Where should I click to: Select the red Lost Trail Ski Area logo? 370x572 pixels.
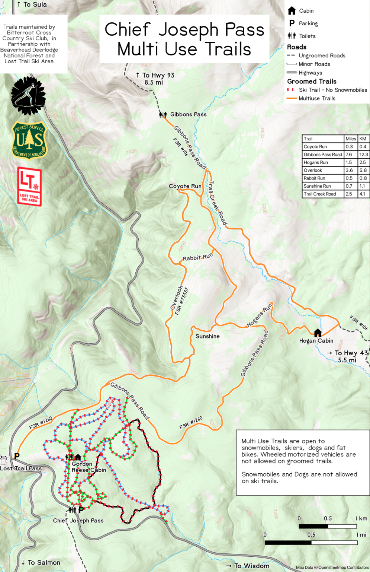29,186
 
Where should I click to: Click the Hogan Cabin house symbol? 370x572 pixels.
318,333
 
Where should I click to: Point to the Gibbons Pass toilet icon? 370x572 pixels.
163,115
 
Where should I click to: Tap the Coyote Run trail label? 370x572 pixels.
185,186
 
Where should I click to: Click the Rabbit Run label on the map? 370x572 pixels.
197,257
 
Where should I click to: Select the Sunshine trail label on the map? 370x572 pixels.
207,336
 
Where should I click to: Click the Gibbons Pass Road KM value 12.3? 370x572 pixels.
363,155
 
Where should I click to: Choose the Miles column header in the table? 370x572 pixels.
351,139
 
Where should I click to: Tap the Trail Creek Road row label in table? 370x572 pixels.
320,194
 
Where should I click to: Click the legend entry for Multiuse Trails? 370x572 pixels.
317,98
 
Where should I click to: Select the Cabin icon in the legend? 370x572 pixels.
292,11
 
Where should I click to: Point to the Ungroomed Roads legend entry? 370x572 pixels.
322,55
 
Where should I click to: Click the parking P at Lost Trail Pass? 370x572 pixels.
17,456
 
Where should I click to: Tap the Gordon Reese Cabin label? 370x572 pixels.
89,467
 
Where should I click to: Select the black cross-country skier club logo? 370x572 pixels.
28,96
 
